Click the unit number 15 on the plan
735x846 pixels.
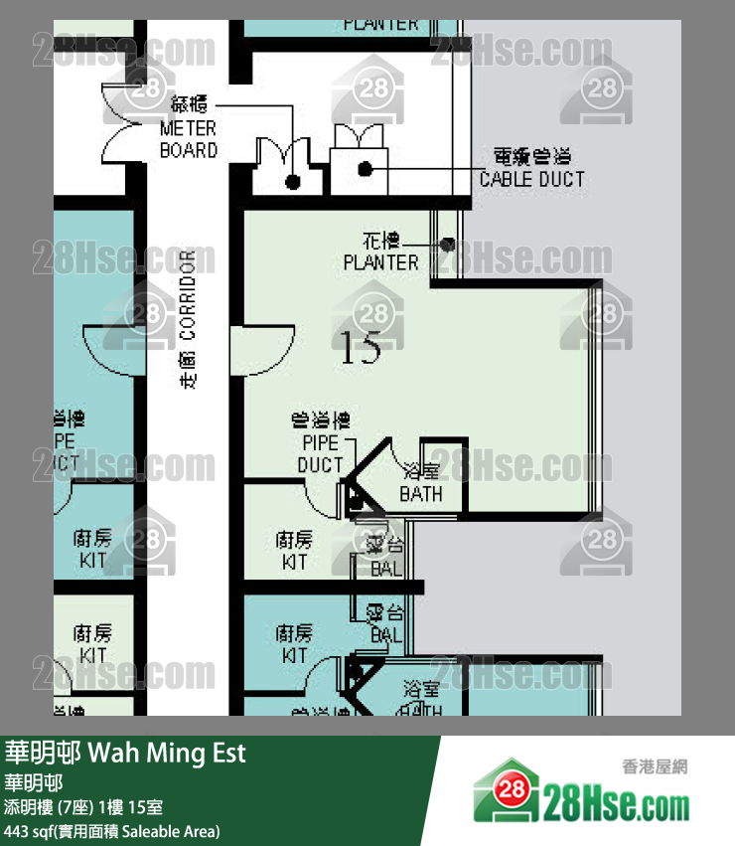pos(361,349)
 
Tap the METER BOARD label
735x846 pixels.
pos(188,140)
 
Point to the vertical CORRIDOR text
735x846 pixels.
pos(190,318)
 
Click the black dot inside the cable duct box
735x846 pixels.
pos(366,169)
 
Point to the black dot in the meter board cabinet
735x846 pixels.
pos(292,181)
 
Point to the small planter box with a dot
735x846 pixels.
pos(448,244)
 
